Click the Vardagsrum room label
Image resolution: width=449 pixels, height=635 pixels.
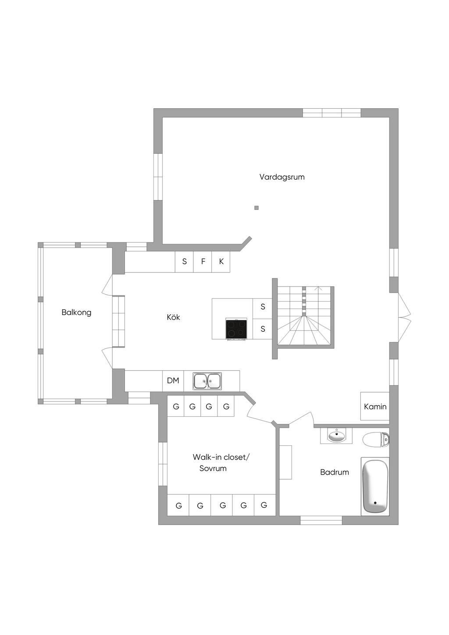[x=282, y=177]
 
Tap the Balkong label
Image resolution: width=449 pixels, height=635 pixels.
[x=76, y=312]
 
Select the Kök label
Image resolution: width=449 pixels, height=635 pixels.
[x=173, y=317]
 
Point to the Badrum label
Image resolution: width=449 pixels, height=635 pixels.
[x=335, y=472]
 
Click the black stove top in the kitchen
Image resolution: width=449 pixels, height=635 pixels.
[x=236, y=329]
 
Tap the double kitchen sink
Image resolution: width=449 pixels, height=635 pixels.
[x=207, y=381]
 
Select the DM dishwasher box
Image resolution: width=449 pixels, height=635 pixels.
[x=173, y=381]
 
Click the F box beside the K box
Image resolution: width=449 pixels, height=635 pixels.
[x=203, y=262]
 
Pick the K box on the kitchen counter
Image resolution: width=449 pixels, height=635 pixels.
[x=221, y=262]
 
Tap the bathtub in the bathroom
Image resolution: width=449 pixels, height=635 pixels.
[x=375, y=486]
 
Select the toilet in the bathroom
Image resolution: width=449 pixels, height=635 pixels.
[x=376, y=440]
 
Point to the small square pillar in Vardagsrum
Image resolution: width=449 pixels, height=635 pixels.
[x=257, y=208]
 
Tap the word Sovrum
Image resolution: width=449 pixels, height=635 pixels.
[x=213, y=468]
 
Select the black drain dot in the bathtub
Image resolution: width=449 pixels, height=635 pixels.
[x=375, y=503]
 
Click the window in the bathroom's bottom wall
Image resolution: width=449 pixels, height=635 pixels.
[x=321, y=520]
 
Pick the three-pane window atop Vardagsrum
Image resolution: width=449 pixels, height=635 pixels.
[x=331, y=113]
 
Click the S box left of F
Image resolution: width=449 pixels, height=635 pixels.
[x=184, y=262]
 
